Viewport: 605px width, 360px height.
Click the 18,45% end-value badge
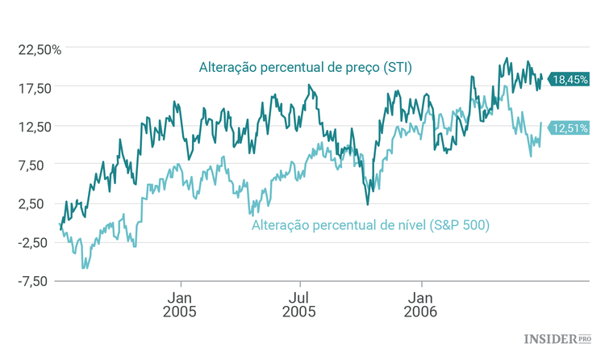pos(570,79)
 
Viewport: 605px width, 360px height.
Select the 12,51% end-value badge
pos(570,127)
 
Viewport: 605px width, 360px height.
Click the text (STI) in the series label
pos(395,68)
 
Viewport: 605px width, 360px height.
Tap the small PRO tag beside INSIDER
pos(586,337)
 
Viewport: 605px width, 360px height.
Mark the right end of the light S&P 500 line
pos(540,123)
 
